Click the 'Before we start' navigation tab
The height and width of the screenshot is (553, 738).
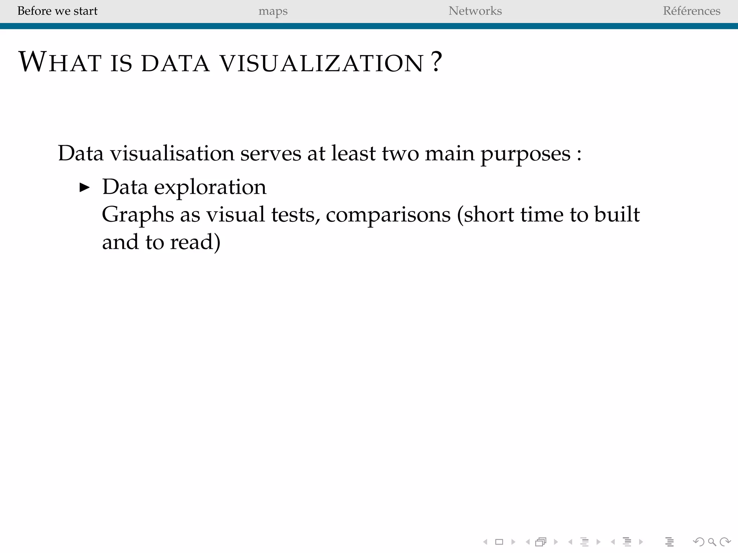click(57, 11)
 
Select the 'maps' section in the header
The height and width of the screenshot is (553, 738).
click(273, 11)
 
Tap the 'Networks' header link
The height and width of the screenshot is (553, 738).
click(475, 11)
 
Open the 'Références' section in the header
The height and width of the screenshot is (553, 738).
click(691, 11)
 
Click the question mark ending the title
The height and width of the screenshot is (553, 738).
click(436, 62)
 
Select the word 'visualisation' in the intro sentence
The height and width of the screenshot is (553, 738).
click(172, 153)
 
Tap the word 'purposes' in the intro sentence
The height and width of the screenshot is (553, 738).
click(526, 154)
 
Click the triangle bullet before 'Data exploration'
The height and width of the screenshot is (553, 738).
click(84, 187)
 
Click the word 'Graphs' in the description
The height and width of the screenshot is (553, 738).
click(138, 215)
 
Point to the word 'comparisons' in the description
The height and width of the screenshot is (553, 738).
click(388, 215)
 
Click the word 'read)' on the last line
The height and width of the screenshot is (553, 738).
click(195, 242)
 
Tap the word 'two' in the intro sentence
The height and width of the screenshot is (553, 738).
click(400, 153)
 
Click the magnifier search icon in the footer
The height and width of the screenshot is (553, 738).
click(712, 542)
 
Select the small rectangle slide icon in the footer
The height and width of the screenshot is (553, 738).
click(499, 542)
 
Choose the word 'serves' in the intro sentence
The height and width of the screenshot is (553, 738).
click(271, 153)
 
